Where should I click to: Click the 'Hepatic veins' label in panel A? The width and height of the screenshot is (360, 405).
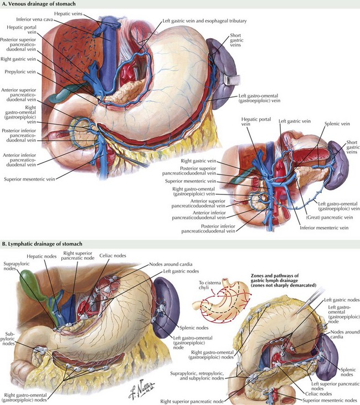(68, 14)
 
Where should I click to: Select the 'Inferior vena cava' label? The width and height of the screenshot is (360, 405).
(34, 19)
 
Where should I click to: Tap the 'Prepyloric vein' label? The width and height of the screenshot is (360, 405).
(20, 72)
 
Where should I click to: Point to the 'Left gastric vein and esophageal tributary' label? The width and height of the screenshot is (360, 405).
(204, 21)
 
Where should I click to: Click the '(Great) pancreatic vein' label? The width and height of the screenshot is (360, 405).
(330, 218)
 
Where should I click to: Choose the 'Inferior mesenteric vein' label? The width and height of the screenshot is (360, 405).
(324, 228)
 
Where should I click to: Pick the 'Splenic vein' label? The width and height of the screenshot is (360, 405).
(337, 124)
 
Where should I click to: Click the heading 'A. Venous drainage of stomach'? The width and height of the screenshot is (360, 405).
(39, 4)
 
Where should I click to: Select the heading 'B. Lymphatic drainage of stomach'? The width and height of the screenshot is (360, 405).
(42, 244)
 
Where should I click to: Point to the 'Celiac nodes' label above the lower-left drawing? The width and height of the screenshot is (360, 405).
(112, 256)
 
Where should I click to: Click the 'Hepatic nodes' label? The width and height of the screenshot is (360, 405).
(42, 256)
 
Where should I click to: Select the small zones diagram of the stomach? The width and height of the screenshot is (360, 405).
(222, 300)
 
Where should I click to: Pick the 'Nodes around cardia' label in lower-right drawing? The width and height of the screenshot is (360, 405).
(344, 334)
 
